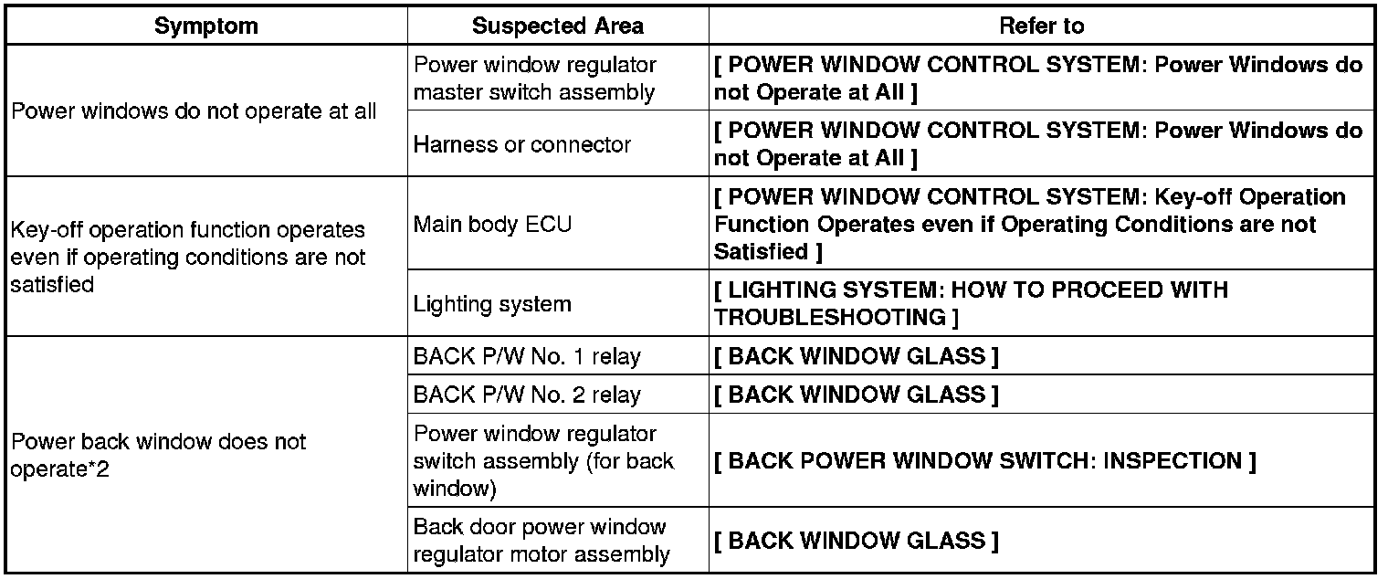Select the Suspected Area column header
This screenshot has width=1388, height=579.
coord(557,26)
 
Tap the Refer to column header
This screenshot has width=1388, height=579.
coord(1041,26)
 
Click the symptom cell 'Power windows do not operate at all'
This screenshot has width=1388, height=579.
coord(194,112)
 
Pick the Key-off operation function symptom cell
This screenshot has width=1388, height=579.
coord(188,257)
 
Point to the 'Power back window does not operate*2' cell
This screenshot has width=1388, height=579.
coord(159,455)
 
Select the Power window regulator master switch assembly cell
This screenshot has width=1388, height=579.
coord(534,79)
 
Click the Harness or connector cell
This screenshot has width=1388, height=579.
coord(522,144)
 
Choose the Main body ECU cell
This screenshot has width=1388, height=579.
coord(493,224)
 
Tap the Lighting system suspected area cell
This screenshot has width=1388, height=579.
coord(492,303)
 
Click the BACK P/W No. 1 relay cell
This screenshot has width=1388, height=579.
coord(527,356)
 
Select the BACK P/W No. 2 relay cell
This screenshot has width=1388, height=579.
coord(527,395)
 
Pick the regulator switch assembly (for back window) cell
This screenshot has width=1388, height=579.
coord(543,461)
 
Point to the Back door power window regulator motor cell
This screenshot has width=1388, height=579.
coord(542,540)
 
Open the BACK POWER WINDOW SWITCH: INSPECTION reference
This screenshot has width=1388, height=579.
coord(984,461)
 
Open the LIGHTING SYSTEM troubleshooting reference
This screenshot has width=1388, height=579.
coord(971,303)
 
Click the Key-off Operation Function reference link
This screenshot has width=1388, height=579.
coord(1029,224)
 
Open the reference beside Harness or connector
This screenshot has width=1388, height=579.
coord(1037,144)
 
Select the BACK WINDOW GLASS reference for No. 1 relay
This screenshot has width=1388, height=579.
coord(856,356)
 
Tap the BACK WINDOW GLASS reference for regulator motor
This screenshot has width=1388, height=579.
coord(856,540)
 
